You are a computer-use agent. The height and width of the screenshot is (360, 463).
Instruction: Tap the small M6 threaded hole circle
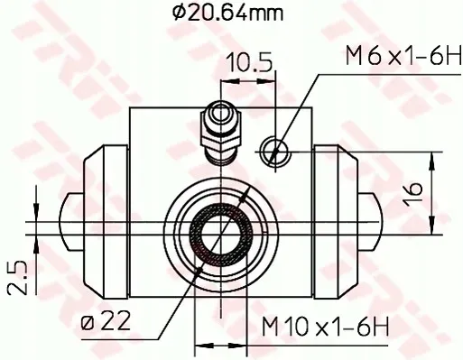coord(275,149)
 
